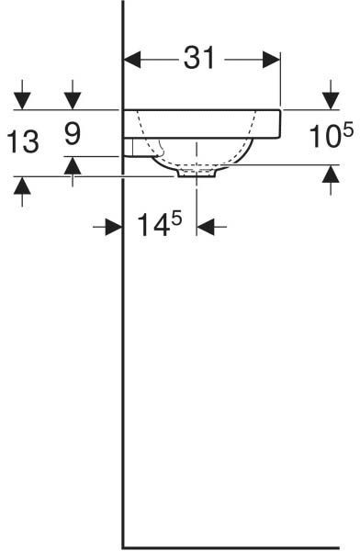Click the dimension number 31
point(199,58)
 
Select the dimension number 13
point(23,141)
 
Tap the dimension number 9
point(73,133)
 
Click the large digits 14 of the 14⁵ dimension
point(154,225)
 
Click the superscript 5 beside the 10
point(348,129)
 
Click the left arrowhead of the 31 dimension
point(132,60)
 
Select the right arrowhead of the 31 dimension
point(271,60)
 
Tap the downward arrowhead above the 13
point(22,101)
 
